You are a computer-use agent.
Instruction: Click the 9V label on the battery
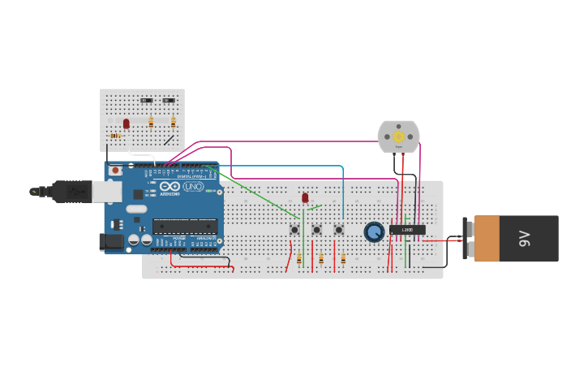tap(525, 238)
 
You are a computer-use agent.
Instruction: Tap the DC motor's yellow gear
tap(398, 137)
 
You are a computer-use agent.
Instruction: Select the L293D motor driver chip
tap(407, 230)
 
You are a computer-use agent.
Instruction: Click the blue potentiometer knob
tap(374, 232)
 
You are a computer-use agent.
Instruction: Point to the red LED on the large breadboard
tap(305, 197)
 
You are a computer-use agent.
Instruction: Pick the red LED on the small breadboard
tap(126, 123)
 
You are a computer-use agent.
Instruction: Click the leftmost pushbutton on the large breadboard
tap(294, 230)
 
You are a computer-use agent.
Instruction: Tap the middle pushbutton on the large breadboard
tap(316, 230)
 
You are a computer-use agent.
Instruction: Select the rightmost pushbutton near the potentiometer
tap(339, 230)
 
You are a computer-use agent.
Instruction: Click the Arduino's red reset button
tap(116, 171)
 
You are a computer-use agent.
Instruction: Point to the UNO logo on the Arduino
tap(194, 186)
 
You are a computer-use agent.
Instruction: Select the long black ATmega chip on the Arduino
tap(185, 226)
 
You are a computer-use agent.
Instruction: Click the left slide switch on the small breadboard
tap(147, 101)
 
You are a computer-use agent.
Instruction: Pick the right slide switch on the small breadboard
tap(169, 101)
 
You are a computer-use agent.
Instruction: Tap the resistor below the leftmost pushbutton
tap(298, 259)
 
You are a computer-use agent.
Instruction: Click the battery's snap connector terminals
tap(466, 238)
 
